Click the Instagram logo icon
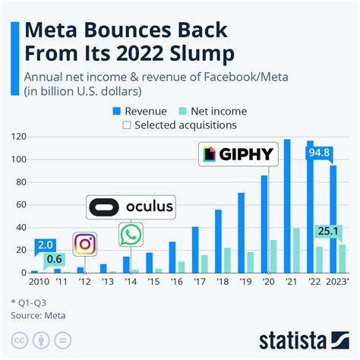tap(85, 244)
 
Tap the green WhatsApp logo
tap(130, 235)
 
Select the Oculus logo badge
tap(131, 207)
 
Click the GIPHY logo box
tap(238, 155)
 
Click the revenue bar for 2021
tap(287, 206)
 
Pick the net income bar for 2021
tap(296, 250)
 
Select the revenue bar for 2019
tap(241, 232)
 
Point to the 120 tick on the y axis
tap(18, 137)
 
